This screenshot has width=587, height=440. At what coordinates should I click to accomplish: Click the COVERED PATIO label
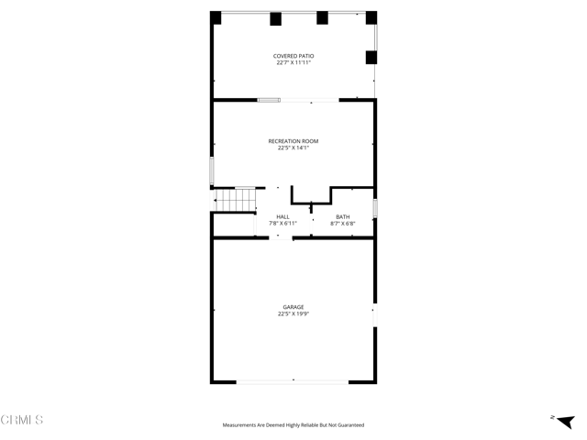click(x=293, y=57)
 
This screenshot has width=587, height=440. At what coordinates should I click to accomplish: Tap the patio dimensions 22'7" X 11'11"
click(x=293, y=63)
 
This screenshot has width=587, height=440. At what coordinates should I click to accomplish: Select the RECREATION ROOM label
click(x=293, y=141)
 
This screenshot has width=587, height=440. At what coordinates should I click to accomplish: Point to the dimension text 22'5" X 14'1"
click(x=293, y=148)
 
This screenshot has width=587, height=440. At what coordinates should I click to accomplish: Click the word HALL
click(x=282, y=216)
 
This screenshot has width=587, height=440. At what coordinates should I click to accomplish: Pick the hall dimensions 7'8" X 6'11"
click(x=282, y=223)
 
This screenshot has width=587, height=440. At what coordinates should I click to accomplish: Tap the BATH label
click(x=342, y=216)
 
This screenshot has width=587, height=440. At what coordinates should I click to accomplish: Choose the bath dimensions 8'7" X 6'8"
click(x=342, y=223)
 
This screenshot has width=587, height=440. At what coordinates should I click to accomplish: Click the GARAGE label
click(x=293, y=307)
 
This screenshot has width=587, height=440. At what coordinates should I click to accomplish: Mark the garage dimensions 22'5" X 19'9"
click(x=293, y=313)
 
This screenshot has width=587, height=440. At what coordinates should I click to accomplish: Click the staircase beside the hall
click(x=235, y=200)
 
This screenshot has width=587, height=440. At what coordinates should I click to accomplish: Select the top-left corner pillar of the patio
click(x=216, y=17)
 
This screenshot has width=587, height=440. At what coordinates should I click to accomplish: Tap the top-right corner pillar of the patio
click(x=371, y=17)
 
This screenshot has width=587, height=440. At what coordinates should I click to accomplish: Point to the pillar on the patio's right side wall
click(x=371, y=57)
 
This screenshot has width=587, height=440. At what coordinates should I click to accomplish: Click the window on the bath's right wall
click(x=375, y=208)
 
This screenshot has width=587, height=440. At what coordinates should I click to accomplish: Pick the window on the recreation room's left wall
click(x=212, y=170)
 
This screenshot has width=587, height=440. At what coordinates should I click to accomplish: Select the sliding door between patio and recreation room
click(x=269, y=100)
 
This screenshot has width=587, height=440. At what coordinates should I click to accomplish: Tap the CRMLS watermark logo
click(x=22, y=420)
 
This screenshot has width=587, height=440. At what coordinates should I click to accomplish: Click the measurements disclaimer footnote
click(x=293, y=425)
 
